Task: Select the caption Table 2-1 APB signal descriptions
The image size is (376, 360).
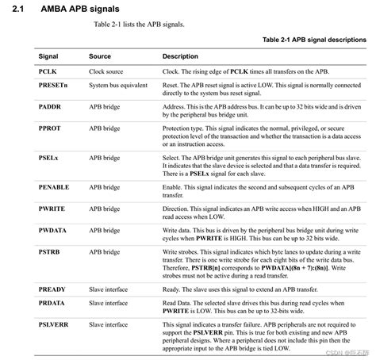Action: pyautogui.click(x=314, y=39)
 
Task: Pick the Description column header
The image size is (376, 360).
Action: pyautogui.click(x=181, y=57)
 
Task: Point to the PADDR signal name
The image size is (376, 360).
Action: pyautogui.click(x=50, y=105)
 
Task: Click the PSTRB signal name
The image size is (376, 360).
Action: pyautogui.click(x=49, y=251)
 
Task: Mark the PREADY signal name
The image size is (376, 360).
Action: pyautogui.click(x=52, y=290)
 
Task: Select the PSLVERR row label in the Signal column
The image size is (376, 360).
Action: pyautogui.click(x=54, y=324)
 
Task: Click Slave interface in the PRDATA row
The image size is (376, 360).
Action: pyautogui.click(x=109, y=303)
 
